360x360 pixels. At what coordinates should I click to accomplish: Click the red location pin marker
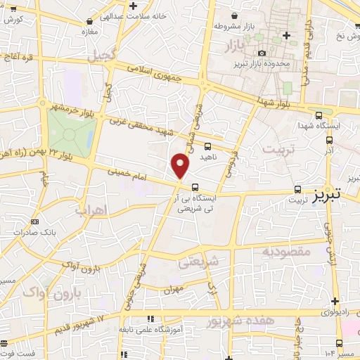(x=181, y=165)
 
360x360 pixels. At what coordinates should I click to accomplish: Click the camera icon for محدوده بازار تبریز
(x=262, y=53)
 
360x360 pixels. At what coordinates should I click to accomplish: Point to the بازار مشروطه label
(x=227, y=27)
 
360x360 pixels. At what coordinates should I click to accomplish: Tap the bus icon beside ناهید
(x=207, y=147)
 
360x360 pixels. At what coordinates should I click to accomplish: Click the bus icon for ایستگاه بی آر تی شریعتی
(x=194, y=187)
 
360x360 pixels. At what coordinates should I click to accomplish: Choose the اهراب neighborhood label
(x=90, y=210)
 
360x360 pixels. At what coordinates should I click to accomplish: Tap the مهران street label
(x=173, y=290)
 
